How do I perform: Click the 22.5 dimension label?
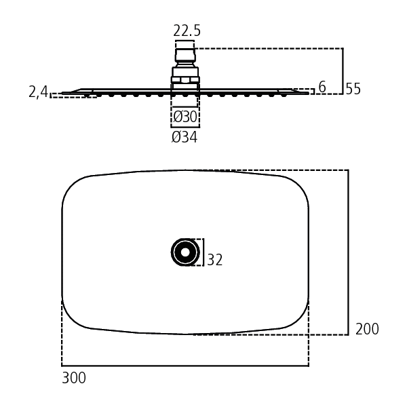[x=187, y=31]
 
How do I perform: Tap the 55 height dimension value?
[x=353, y=89]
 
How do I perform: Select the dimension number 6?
[x=322, y=87]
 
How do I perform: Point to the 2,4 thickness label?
[x=39, y=92]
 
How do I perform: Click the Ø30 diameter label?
[x=185, y=117]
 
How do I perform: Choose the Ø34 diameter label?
[x=185, y=137]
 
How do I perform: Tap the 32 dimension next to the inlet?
[x=215, y=260]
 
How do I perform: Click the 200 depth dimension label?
[x=367, y=329]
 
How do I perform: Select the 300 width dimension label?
[x=74, y=378]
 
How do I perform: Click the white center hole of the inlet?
[x=185, y=252]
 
